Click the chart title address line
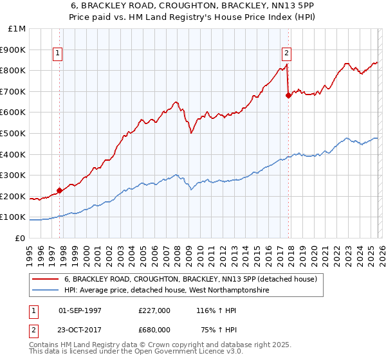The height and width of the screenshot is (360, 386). tap(192, 5)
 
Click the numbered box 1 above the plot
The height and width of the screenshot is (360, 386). tap(58, 54)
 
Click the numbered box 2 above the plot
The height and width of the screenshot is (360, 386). tap(286, 54)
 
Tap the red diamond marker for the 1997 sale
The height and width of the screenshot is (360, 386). tap(59, 190)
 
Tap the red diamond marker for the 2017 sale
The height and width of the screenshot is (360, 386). tap(288, 96)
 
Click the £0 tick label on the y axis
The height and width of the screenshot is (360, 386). tap(21, 238)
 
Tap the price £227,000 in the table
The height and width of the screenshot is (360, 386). tap(154, 310)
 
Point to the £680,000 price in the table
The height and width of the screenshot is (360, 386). tap(154, 329)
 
